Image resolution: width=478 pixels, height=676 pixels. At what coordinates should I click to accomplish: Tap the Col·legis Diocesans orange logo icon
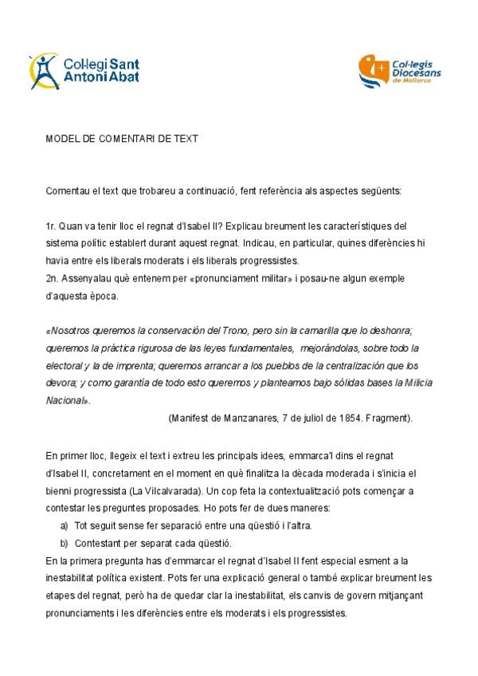pyautogui.click(x=374, y=71)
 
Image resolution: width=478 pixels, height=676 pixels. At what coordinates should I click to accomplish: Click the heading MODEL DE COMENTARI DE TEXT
pyautogui.click(x=122, y=139)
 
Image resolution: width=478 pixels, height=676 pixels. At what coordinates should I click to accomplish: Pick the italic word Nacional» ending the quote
pyautogui.click(x=68, y=400)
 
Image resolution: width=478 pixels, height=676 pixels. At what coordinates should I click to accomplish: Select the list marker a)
pyautogui.click(x=64, y=525)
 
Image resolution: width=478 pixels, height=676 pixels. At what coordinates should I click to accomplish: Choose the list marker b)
pyautogui.click(x=64, y=544)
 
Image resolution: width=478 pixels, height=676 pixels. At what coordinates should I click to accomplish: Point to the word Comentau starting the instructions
pyautogui.click(x=69, y=191)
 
